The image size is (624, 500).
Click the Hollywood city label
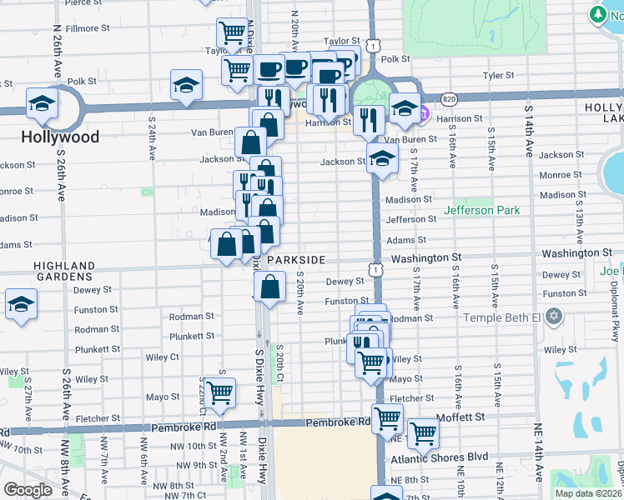pos(60,137)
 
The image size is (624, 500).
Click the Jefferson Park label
pos(482,210)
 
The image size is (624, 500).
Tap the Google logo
pos(27,490)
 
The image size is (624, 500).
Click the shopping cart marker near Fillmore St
pos(231,34)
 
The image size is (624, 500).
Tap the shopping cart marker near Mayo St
pos(220,392)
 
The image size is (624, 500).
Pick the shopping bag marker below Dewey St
pos(270,287)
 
